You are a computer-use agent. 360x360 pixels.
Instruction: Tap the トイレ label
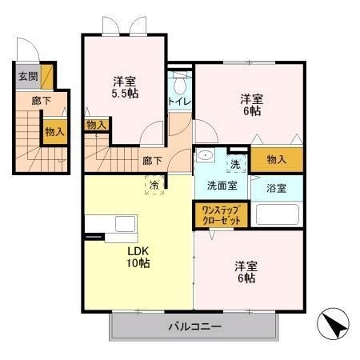click(178, 102)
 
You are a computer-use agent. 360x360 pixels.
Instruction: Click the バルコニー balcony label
click(194, 326)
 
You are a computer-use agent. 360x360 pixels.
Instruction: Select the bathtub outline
click(276, 215)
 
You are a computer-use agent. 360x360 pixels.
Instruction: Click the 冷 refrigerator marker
click(154, 186)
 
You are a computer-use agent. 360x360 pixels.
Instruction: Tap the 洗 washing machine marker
click(235, 163)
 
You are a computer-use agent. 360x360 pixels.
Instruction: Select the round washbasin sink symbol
click(206, 158)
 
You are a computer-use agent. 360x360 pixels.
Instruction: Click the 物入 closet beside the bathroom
click(276, 160)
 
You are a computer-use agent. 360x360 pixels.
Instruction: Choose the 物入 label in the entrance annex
click(54, 130)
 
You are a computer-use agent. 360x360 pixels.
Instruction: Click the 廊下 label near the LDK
click(152, 160)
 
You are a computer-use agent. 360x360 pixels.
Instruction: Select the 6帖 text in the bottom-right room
click(246, 278)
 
